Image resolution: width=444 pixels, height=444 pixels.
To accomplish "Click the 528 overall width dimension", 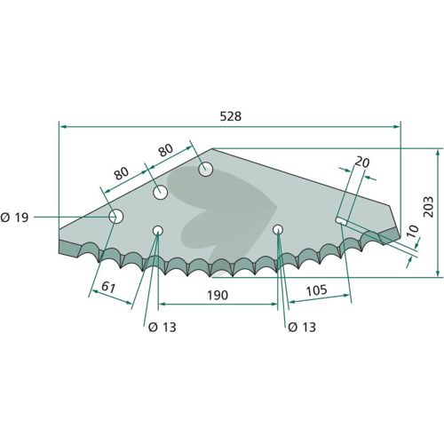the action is (231, 116).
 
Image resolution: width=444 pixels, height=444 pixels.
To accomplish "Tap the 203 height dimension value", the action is (428, 206).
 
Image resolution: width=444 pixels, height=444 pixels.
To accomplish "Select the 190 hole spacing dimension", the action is (218, 295).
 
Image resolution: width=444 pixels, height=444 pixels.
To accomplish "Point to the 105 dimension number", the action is (316, 290).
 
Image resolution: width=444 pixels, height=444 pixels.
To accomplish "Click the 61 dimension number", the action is (108, 287).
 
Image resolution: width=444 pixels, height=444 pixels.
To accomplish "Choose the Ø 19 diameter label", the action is (14, 218).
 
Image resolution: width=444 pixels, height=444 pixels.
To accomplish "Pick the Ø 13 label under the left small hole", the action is (162, 327).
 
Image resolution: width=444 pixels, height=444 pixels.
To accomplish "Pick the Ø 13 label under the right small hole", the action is (302, 327).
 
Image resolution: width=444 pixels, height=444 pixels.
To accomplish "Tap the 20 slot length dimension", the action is (362, 163).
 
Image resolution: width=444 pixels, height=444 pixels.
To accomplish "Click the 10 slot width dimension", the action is (413, 231).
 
